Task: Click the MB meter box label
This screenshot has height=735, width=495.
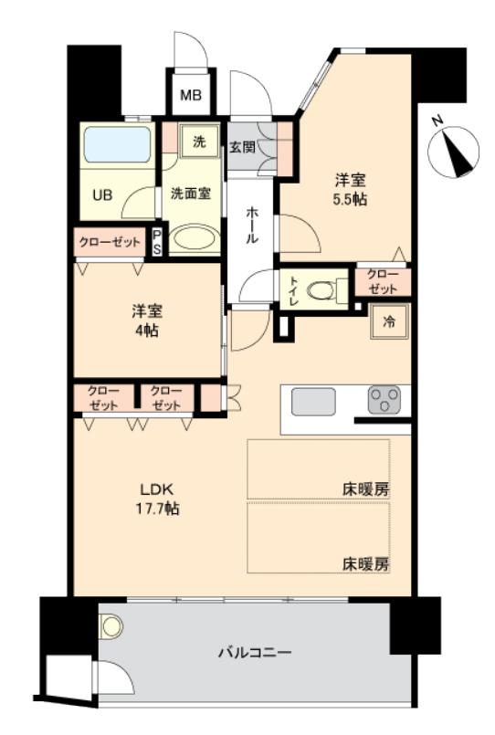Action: [190, 94]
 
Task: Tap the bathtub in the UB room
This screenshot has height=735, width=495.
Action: [117, 145]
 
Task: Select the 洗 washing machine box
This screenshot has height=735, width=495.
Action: [198, 142]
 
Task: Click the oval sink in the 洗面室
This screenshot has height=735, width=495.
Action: [194, 240]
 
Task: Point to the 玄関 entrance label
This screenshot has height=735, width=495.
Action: [242, 146]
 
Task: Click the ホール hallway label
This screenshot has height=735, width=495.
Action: [251, 225]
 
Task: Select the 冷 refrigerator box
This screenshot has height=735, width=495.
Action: [389, 320]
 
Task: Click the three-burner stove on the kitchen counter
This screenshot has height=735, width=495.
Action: [385, 400]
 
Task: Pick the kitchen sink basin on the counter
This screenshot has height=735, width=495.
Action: [313, 401]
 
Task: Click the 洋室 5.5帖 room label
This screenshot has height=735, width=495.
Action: [350, 189]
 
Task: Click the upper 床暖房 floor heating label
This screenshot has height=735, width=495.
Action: [366, 488]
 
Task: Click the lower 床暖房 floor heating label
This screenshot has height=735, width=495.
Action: [366, 562]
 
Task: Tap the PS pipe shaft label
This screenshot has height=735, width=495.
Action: [157, 242]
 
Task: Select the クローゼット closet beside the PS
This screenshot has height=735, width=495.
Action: [110, 242]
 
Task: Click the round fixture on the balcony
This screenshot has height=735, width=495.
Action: [111, 627]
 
